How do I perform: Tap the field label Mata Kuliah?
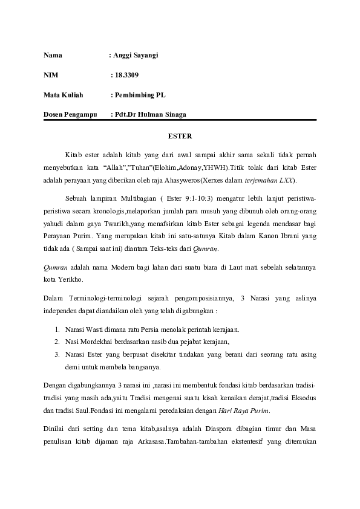pos(64,95)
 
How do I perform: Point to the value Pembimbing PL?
pos(140,95)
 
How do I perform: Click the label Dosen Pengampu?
pos(70,114)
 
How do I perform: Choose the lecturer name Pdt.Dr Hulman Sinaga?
pos(151,114)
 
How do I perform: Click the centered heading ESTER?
pos(180,136)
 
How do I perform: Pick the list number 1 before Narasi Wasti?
pos(56,329)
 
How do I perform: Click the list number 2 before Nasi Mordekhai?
pos(56,342)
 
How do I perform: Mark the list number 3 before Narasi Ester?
pos(56,354)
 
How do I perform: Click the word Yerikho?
pos(70,279)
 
